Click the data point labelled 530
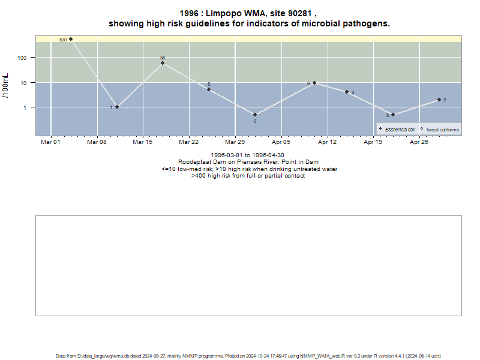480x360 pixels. pyautogui.click(x=71, y=39)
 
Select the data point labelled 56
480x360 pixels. pyautogui.click(x=163, y=63)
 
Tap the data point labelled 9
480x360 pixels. pyautogui.click(x=314, y=83)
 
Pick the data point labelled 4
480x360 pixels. pyautogui.click(x=347, y=92)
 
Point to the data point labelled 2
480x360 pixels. pyautogui.click(x=439, y=100)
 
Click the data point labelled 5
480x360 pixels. pyautogui.click(x=209, y=89)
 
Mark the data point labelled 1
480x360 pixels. pyautogui.click(x=117, y=107)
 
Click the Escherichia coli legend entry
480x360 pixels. pyautogui.click(x=397, y=130)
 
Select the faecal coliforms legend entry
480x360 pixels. pyautogui.click(x=440, y=130)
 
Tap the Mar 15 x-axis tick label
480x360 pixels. pyautogui.click(x=142, y=142)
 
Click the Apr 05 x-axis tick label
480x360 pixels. pyautogui.click(x=281, y=142)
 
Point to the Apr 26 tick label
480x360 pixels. pyautogui.click(x=419, y=142)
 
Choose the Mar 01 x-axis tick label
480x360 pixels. pyautogui.click(x=50, y=142)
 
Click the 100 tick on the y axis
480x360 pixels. pyautogui.click(x=22, y=58)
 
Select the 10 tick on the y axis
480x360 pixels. pyautogui.click(x=23, y=83)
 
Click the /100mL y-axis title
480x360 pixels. pyautogui.click(x=5, y=86)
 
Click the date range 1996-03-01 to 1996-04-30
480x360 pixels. pyautogui.click(x=247, y=155)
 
